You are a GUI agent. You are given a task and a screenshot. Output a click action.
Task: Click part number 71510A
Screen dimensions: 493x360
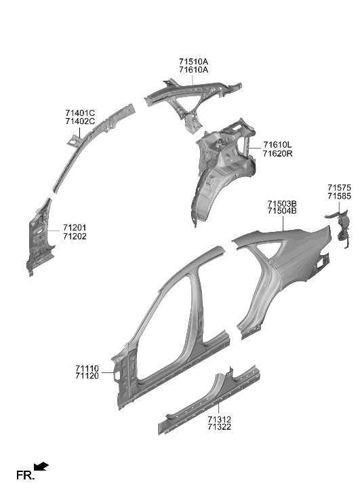194,62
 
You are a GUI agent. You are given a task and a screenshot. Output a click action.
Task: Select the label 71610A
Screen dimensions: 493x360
194,70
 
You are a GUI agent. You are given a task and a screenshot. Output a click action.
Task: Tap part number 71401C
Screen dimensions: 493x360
80,113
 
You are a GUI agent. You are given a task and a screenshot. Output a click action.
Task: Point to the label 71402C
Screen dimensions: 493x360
80,121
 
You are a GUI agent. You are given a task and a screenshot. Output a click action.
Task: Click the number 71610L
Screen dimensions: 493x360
277,145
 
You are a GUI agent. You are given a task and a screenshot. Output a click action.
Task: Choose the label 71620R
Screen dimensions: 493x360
277,154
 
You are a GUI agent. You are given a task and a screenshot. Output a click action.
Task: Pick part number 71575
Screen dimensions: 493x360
339,187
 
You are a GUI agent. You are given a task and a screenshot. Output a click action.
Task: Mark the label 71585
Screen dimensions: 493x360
339,196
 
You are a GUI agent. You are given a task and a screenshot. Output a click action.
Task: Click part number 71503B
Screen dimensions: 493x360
281,203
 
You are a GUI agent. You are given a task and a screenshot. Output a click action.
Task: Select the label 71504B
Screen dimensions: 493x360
281,212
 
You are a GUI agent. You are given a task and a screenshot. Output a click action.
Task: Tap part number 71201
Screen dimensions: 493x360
75,228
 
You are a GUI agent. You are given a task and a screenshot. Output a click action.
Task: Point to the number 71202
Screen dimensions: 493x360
75,237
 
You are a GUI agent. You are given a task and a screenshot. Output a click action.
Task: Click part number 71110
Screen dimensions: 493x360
87,368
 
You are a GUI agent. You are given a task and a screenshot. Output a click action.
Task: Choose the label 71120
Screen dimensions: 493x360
87,376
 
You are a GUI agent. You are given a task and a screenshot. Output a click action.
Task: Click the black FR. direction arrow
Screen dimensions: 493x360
42,466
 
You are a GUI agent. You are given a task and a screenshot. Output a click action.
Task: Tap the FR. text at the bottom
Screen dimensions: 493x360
24,475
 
